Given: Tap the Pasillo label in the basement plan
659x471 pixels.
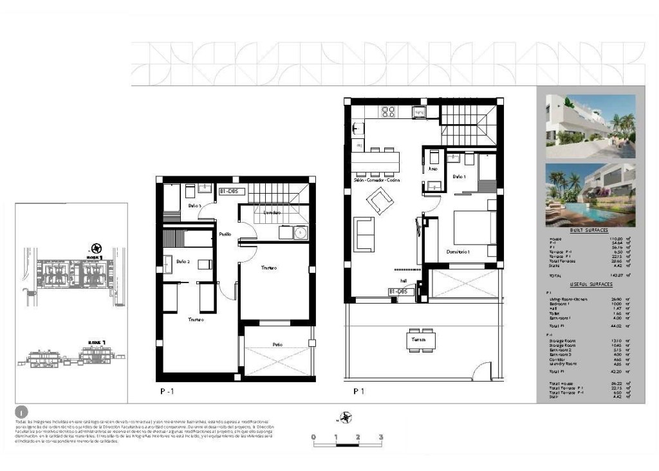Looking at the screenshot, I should point(225,234).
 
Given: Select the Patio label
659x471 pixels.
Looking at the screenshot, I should point(277,345).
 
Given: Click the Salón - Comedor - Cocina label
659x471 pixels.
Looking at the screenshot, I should point(376,181).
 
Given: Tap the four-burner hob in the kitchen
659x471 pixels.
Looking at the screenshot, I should point(388,111).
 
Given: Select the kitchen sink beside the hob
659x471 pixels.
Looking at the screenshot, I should point(416,112).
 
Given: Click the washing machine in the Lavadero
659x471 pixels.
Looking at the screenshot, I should point(299,232).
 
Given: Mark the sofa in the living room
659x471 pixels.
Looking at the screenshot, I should point(366,235).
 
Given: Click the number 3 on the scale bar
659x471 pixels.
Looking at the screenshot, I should point(382,437).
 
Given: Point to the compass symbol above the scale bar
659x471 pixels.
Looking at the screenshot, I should point(348,418).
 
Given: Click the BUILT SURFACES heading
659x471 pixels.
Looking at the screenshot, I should point(589,230).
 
